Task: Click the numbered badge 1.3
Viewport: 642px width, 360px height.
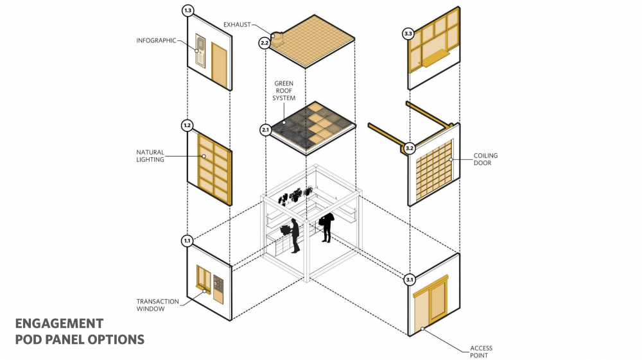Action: [188, 11]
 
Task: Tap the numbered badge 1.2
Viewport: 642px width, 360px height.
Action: [187, 126]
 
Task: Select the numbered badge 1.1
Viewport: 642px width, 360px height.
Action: [187, 241]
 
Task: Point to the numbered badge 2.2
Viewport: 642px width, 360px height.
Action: [265, 43]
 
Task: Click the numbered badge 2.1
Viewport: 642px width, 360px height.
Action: [265, 130]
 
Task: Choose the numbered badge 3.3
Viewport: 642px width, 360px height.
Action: [408, 33]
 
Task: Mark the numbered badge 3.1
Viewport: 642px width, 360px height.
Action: [409, 280]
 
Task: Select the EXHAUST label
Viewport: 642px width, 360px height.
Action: [238, 25]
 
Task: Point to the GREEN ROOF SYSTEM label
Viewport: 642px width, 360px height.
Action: [285, 91]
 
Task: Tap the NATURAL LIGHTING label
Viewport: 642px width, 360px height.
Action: [150, 156]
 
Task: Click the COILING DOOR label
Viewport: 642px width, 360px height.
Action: [486, 159]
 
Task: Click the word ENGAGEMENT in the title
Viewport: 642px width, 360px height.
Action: [58, 323]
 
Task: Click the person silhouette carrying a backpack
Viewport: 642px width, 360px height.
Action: [326, 227]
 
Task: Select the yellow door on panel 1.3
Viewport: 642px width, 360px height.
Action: [220, 67]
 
